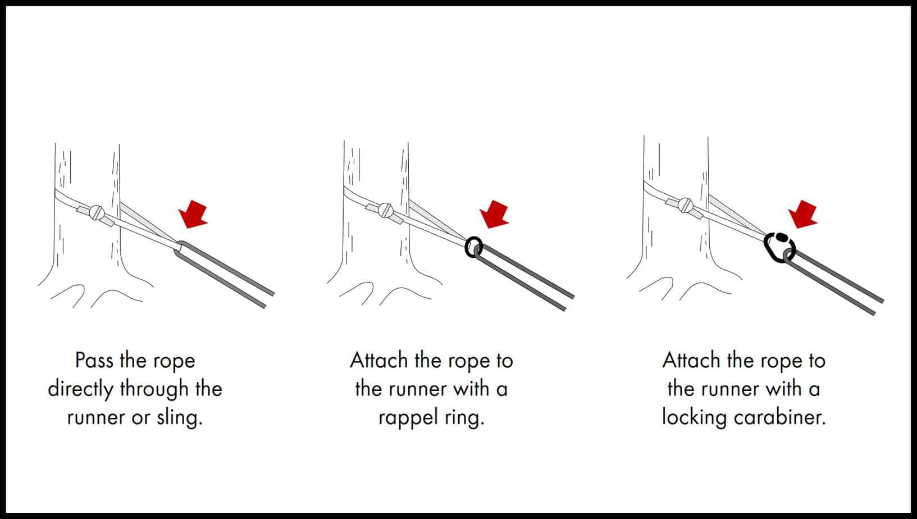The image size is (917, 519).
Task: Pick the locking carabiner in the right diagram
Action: click(x=779, y=247)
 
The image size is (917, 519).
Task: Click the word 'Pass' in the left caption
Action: click(x=95, y=361)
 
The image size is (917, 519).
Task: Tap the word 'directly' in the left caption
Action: click(x=81, y=389)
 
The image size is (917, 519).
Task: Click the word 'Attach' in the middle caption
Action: click(x=380, y=361)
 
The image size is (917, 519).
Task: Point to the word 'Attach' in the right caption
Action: click(x=691, y=361)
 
